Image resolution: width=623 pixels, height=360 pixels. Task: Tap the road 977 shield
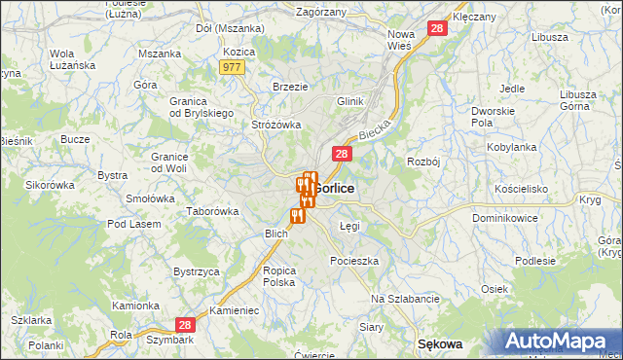click(232, 66)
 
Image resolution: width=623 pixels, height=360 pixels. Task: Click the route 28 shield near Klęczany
click(438, 30)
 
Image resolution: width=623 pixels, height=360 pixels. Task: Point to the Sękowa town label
click(439, 344)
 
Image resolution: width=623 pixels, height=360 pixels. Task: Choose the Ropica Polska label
click(279, 275)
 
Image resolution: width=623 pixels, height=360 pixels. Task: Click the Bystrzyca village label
click(196, 271)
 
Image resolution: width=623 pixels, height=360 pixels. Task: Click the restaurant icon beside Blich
click(297, 215)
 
